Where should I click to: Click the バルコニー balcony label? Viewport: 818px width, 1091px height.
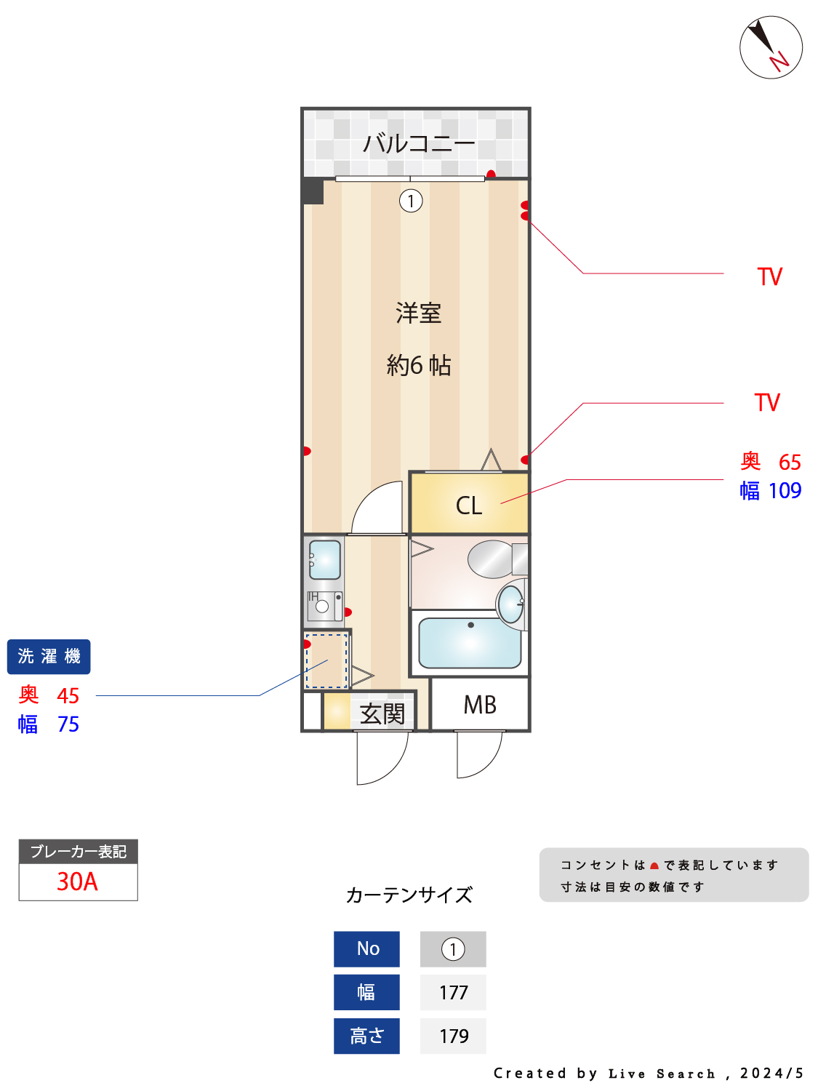(419, 143)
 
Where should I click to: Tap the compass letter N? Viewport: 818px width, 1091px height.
(779, 61)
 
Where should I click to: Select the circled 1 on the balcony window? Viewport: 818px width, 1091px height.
(411, 201)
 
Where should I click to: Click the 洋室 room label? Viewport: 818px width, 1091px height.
(418, 313)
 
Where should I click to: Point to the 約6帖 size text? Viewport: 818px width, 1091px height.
(419, 365)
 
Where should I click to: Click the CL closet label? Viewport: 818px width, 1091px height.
(469, 505)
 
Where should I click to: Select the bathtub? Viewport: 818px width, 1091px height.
(470, 643)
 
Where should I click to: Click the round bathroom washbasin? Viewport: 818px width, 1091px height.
(510, 604)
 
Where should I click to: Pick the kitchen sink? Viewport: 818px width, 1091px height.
(324, 559)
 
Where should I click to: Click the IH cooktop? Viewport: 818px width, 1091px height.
(324, 606)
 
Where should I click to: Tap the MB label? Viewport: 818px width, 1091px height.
(480, 705)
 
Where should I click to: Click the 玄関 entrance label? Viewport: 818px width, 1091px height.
(382, 714)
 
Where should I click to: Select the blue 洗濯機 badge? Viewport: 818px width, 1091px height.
(49, 657)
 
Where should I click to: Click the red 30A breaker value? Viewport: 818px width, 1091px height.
(77, 882)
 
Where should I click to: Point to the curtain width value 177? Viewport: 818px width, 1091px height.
(454, 993)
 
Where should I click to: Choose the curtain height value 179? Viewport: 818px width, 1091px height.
(454, 1036)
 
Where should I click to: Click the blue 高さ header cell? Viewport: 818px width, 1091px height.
(366, 1036)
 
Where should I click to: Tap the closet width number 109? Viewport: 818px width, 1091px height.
(785, 490)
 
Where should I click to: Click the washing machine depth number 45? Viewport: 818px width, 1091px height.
(68, 696)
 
